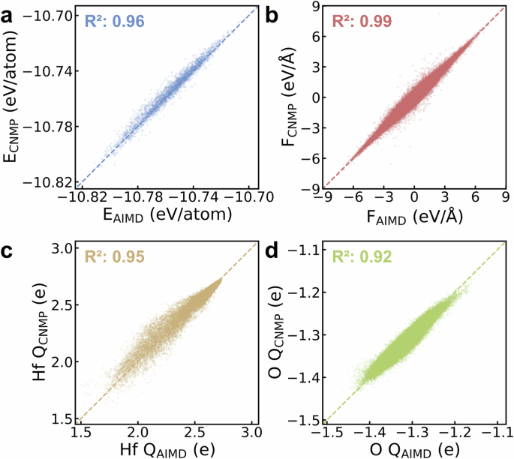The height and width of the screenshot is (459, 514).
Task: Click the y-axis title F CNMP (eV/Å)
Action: (289, 96)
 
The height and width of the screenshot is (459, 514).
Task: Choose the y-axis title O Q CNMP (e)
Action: (289, 330)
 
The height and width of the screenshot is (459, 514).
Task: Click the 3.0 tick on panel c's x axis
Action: (252, 432)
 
